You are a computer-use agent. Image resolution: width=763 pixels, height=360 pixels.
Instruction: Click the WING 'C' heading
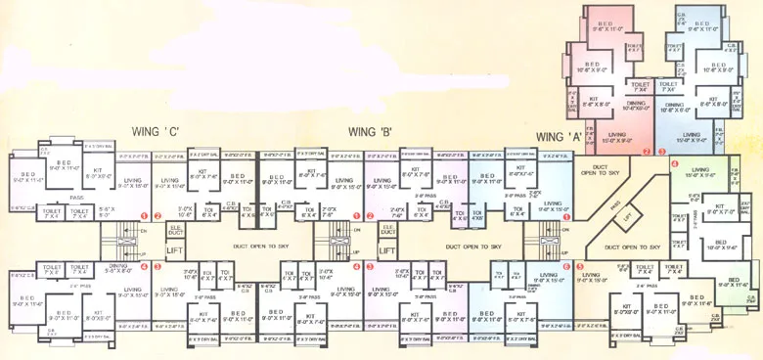155,131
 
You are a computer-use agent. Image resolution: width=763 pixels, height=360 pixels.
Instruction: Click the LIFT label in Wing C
175,251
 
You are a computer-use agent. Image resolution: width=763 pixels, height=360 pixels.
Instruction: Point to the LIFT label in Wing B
388,251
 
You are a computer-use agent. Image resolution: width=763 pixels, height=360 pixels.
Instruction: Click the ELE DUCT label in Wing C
175,232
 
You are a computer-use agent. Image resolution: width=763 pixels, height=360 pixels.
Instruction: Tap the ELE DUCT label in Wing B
388,232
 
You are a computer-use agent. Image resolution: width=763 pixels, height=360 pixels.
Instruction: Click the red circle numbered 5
580,265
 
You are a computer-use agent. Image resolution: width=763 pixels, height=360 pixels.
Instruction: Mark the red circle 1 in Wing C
145,215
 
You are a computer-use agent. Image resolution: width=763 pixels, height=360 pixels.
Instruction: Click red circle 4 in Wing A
674,163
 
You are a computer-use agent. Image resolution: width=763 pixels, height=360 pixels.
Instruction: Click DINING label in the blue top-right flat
674,106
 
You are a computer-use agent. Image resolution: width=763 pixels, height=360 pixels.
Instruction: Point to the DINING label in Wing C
118,265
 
